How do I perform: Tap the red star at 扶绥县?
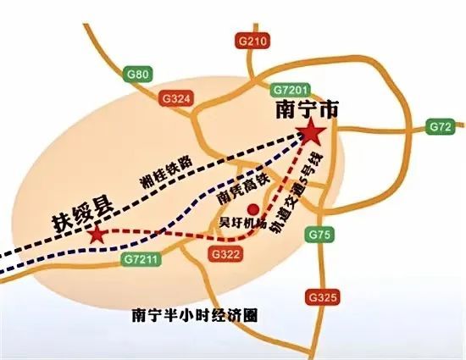(98, 234)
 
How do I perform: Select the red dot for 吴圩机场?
(251, 208)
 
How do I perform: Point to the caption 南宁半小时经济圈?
(195, 314)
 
